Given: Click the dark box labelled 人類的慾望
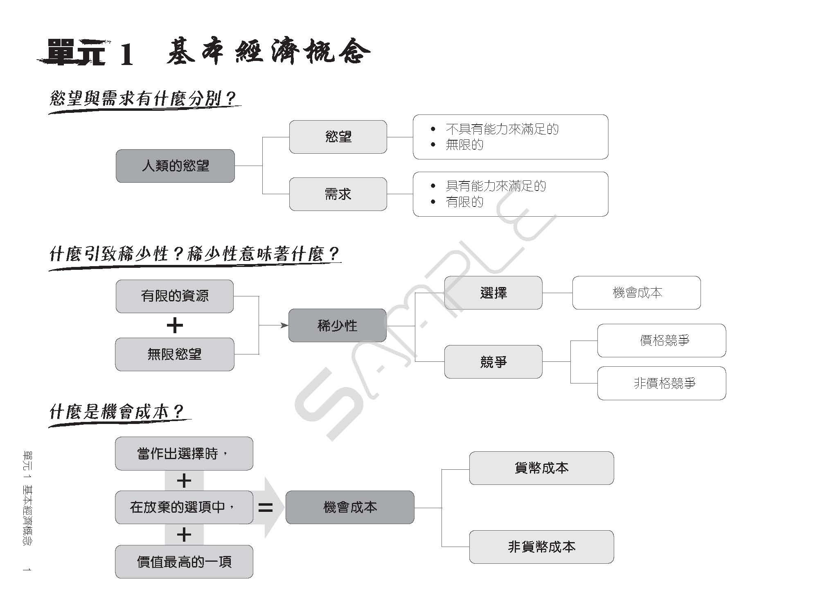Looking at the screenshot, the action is pos(175,166).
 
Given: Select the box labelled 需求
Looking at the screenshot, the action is pos(338,194).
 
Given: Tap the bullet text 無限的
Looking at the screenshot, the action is pos(464,145).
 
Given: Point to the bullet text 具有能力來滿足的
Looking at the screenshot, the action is pos(496,186).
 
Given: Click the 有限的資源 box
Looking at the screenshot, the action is pos(175,296).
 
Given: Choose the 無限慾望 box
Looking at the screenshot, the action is pos(175,354).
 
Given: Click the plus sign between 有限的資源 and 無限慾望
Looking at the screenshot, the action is pos(175,326).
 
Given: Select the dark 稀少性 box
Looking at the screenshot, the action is pos(338,325).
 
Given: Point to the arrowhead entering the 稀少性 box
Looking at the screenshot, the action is pos(285,325).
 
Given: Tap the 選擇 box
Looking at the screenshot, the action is pos(493,293).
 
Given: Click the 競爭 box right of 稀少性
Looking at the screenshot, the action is pos(493,362).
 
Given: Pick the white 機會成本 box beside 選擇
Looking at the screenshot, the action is pos(637,293).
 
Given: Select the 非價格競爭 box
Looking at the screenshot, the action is pos(662,383).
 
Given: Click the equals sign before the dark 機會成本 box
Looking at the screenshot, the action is pos(266,508).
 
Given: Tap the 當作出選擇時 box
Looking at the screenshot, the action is pos(184,453).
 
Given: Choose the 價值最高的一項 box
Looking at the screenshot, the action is pos(184,562).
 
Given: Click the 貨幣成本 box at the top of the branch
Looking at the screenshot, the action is pos(542,468).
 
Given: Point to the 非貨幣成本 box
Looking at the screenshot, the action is pos(542,547).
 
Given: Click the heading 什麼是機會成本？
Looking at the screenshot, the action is pos(117,412).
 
